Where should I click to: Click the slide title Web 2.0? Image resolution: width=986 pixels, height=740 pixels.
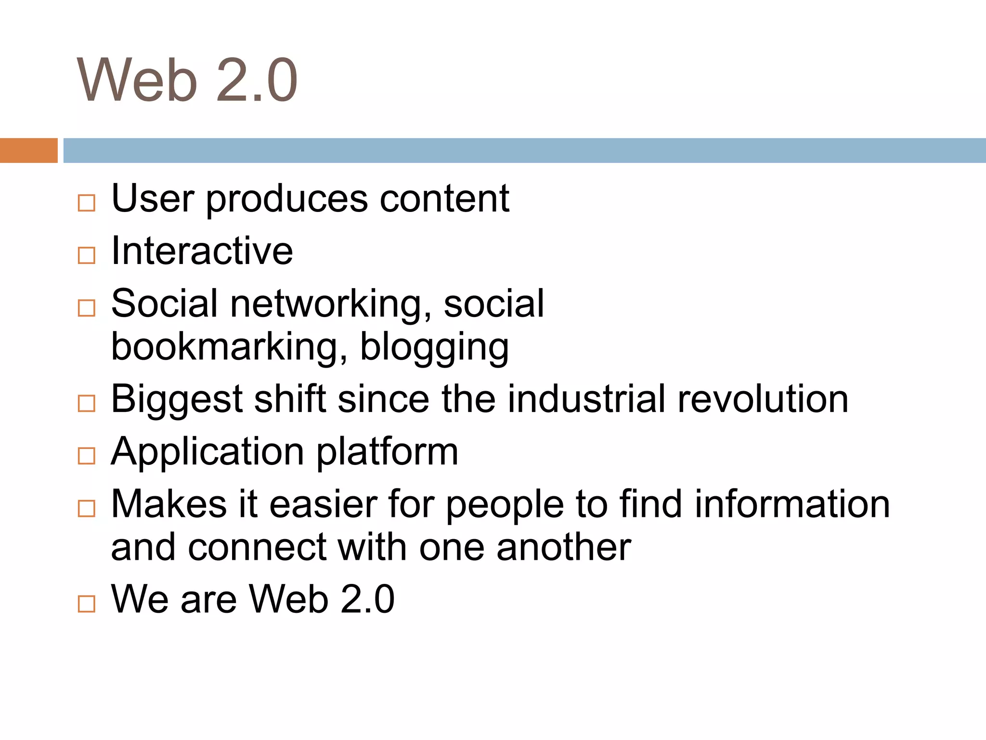187,80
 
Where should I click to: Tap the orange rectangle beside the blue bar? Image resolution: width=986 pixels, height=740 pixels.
28,150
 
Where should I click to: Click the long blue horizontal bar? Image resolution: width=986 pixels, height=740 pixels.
524,150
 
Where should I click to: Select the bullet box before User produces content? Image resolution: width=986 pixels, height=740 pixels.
87,203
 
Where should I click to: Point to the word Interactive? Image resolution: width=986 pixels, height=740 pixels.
202,251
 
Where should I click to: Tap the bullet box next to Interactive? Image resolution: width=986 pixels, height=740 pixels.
87,255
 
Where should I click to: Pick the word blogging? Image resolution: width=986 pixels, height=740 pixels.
434,348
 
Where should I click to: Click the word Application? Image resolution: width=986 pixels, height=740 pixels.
208,453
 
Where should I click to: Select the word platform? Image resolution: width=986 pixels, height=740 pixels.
387,453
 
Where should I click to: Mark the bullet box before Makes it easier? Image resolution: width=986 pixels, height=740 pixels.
87,508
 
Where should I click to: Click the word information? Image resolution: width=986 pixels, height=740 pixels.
792,504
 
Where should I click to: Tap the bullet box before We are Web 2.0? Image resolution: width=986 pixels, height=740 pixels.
87,603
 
